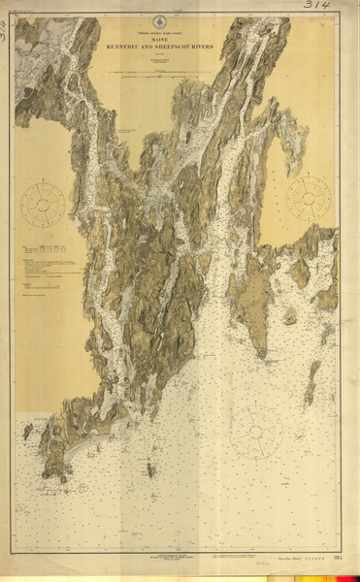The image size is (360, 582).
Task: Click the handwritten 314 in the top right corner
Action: (318, 6)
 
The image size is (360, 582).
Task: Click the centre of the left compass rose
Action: (43, 204)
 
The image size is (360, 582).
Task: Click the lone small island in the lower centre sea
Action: (149, 470)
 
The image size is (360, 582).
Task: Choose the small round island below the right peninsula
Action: (289, 316)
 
